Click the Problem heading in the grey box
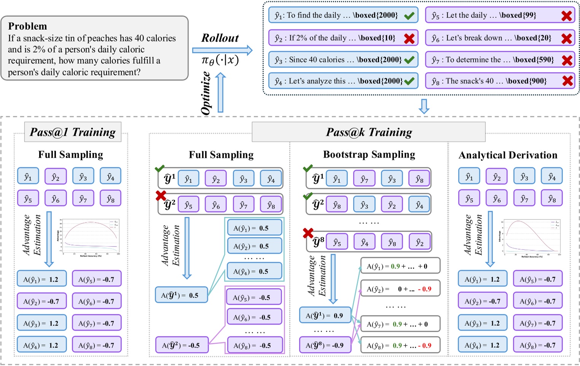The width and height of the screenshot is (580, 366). pyautogui.click(x=27, y=26)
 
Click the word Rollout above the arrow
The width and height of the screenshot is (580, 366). pyautogui.click(x=220, y=38)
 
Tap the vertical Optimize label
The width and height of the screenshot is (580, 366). pyautogui.click(x=206, y=93)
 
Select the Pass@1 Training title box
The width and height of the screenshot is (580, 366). pyautogui.click(x=73, y=132)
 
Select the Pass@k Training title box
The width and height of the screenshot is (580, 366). pyautogui.click(x=368, y=132)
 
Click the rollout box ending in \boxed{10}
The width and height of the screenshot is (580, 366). pyautogui.click(x=343, y=38)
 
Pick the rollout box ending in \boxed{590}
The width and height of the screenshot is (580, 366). pyautogui.click(x=500, y=60)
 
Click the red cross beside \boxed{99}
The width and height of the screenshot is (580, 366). pyautogui.click(x=566, y=16)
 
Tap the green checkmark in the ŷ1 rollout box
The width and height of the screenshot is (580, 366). pyautogui.click(x=409, y=16)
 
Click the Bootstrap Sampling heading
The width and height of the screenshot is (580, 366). pyautogui.click(x=369, y=155)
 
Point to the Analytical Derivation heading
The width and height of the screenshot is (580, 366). pyautogui.click(x=508, y=155)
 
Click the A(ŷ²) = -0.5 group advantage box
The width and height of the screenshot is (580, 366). pyautogui.click(x=182, y=345)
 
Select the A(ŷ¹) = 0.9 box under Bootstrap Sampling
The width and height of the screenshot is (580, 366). pyautogui.click(x=325, y=316)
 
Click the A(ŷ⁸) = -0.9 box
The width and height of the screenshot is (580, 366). pyautogui.click(x=325, y=345)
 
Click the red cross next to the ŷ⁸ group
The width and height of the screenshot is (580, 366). pyautogui.click(x=308, y=233)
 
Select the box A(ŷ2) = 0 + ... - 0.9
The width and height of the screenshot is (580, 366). pyautogui.click(x=400, y=289)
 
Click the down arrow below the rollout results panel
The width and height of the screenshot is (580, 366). pyautogui.click(x=424, y=106)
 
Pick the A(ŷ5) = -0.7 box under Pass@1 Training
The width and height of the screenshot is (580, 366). pyautogui.click(x=97, y=280)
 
